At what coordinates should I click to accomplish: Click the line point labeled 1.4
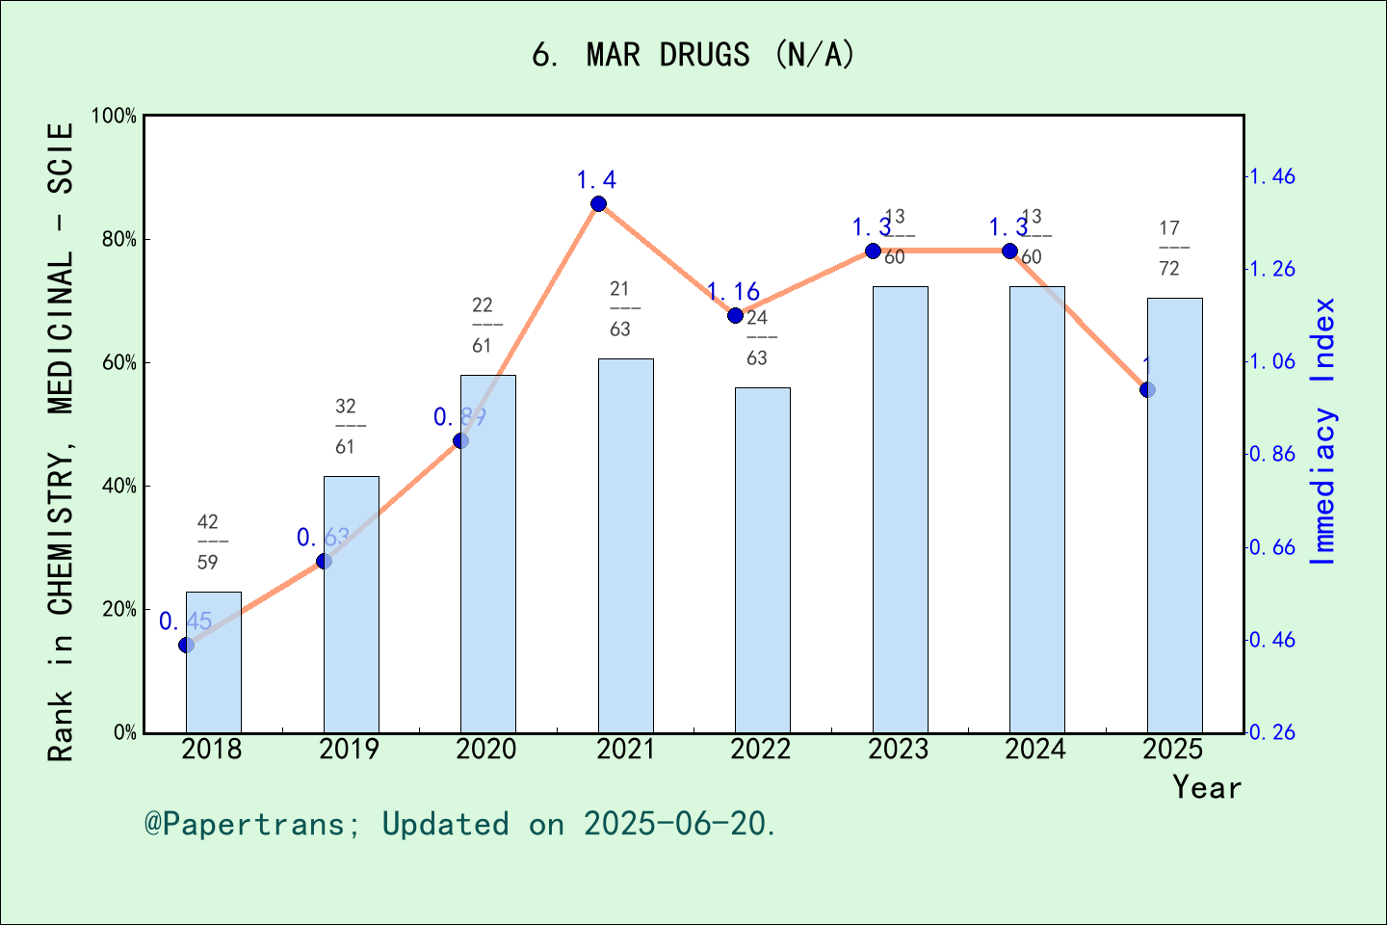(598, 203)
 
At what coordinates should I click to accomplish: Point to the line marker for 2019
(324, 561)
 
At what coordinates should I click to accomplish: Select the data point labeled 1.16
(735, 315)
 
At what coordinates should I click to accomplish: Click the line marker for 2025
(1147, 389)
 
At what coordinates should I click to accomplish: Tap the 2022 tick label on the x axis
(761, 750)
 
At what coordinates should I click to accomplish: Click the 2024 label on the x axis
(1035, 750)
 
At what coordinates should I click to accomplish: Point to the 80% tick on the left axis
(119, 240)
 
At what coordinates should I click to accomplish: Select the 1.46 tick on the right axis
(1272, 176)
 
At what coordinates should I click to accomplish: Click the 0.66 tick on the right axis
(1272, 547)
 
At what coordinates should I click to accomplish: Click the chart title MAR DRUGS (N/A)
(693, 55)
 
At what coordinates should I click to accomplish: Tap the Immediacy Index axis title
(1323, 431)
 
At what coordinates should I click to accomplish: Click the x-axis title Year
(1206, 787)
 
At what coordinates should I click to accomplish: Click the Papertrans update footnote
(460, 824)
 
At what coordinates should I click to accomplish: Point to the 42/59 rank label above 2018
(208, 542)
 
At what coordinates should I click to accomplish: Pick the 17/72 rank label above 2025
(1169, 248)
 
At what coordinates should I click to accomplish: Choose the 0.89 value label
(459, 417)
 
